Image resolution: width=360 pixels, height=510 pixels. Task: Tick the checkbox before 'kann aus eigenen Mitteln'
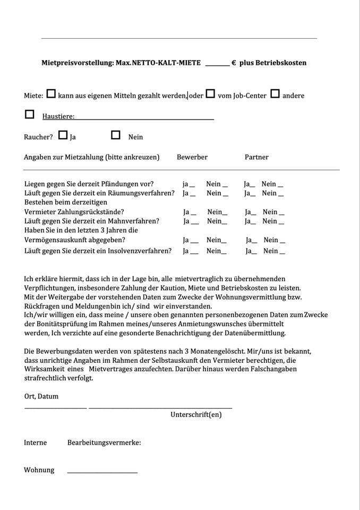[51, 94]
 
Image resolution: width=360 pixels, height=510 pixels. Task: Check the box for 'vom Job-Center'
[210, 94]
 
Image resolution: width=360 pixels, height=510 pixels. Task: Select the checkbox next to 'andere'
[275, 94]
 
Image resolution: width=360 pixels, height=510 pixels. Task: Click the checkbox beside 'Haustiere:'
[30, 114]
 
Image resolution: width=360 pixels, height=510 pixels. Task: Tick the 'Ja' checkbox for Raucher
[63, 135]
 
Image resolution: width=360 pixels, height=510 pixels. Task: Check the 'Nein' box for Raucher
[116, 135]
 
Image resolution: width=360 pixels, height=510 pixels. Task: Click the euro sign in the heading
[234, 63]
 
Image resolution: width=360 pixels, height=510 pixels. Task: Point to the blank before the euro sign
[217, 64]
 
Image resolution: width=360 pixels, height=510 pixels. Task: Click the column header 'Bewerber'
[192, 157]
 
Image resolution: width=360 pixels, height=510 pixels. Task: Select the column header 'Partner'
[256, 157]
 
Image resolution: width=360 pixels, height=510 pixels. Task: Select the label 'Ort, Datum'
[41, 396]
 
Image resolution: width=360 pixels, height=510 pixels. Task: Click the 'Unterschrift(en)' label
[196, 414]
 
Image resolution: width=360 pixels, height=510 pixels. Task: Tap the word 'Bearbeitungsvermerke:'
[104, 443]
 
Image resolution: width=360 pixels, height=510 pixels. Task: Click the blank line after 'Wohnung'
[102, 472]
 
